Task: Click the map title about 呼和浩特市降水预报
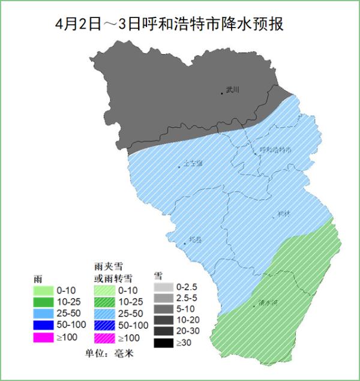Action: click(x=169, y=25)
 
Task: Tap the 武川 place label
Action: click(x=233, y=90)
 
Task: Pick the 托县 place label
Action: click(x=195, y=239)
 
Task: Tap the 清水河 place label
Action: click(x=267, y=303)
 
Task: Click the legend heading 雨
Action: click(x=38, y=280)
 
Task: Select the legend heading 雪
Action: click(x=158, y=275)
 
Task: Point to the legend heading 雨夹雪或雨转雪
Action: click(x=113, y=272)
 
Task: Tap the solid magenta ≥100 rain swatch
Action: click(x=43, y=337)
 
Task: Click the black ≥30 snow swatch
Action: click(x=163, y=343)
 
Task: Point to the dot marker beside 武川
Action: click(x=222, y=93)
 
